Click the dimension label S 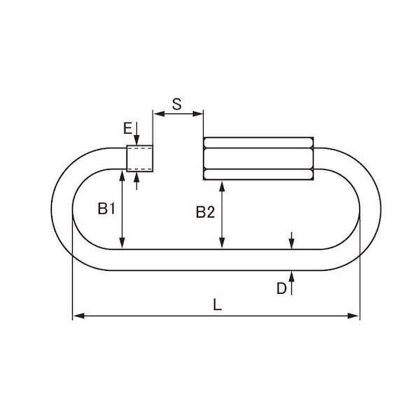point(177,104)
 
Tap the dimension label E point(128,128)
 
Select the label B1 point(106,209)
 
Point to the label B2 point(205,212)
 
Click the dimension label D point(281,288)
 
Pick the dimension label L point(217,304)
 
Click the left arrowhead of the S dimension point(159,114)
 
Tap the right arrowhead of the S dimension point(197,114)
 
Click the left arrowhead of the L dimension point(78,316)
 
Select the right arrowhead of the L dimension point(353,316)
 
